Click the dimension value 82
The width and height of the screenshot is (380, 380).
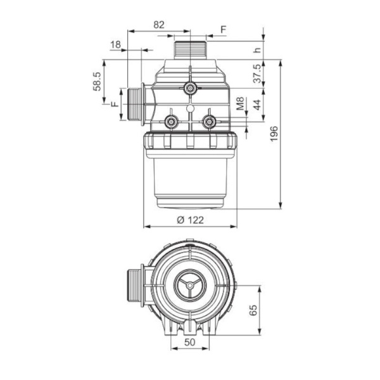159,25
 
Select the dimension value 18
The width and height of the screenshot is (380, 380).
115,44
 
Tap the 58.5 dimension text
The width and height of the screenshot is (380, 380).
97,82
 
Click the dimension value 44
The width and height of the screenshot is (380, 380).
257,104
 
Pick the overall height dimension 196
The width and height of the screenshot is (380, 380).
274,134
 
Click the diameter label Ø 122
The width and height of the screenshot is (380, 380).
190,220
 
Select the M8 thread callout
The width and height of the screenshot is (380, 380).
240,103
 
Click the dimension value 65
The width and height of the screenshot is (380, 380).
253,310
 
